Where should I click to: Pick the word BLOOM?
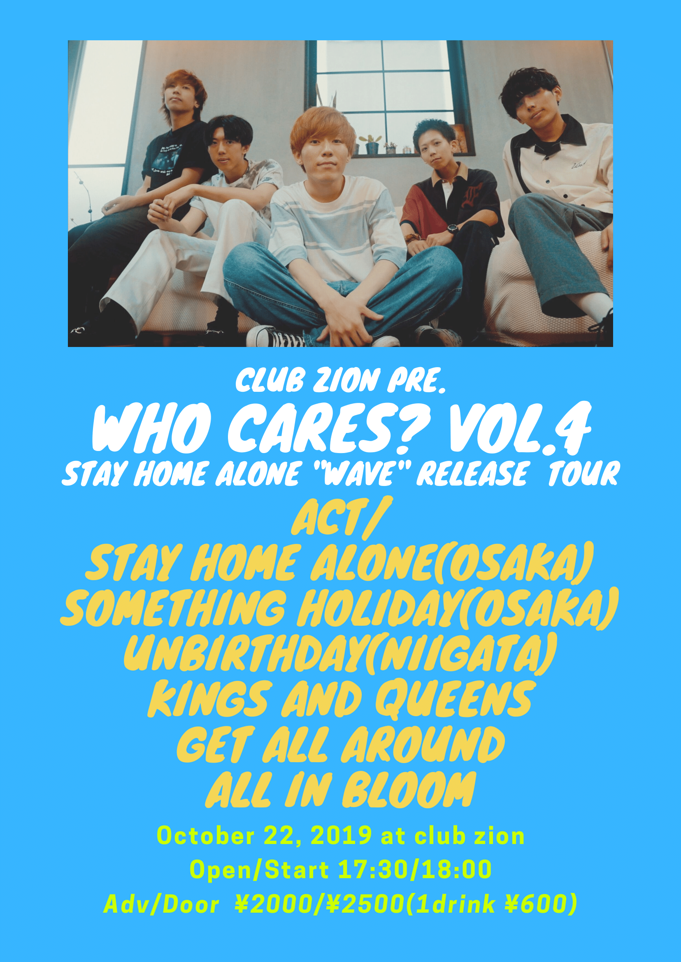409,789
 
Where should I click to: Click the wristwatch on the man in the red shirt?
452,229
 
